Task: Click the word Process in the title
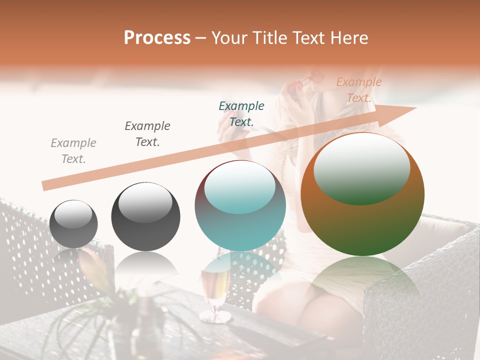coord(157,38)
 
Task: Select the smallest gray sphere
coord(73,224)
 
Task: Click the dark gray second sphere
coord(145,217)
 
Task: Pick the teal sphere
coord(240,206)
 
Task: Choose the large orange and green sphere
coord(362,195)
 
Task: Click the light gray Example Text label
coord(73,151)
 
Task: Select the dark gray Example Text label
coord(147,134)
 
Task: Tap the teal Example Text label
coord(241,113)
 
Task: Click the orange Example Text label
coord(358,89)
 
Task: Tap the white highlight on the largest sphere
coord(362,167)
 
